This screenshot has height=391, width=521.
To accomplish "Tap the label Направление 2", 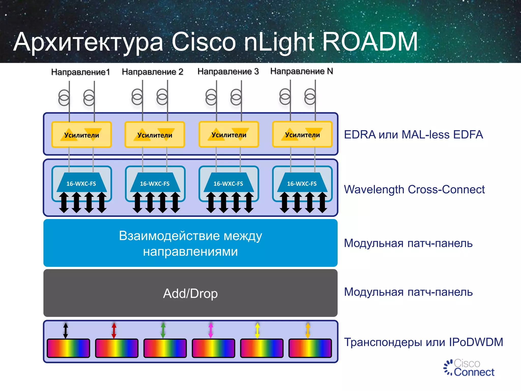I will click(x=152, y=72).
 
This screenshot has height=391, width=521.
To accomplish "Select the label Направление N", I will click(x=301, y=71).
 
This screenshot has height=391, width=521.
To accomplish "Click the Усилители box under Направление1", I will click(x=81, y=135).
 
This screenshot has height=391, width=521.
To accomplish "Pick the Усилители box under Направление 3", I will click(x=229, y=134).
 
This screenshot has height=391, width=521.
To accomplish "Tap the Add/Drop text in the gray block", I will click(x=190, y=294).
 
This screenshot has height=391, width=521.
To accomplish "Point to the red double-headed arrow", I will click(x=114, y=330).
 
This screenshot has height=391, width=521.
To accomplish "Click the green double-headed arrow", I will click(x=163, y=330).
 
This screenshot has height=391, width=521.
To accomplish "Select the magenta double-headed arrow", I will click(x=211, y=330).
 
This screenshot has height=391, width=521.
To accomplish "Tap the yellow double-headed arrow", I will click(x=257, y=330).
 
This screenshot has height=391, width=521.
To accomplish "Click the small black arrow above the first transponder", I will click(x=66, y=330).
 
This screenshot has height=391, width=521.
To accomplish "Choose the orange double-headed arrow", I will click(x=308, y=330).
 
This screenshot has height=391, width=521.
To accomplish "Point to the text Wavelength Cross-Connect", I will click(x=414, y=189).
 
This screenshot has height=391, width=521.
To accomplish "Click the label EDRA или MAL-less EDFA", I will click(x=413, y=135).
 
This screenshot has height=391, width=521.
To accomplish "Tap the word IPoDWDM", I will click(x=476, y=342).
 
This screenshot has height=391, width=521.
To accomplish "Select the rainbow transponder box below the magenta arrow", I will click(x=213, y=348).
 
